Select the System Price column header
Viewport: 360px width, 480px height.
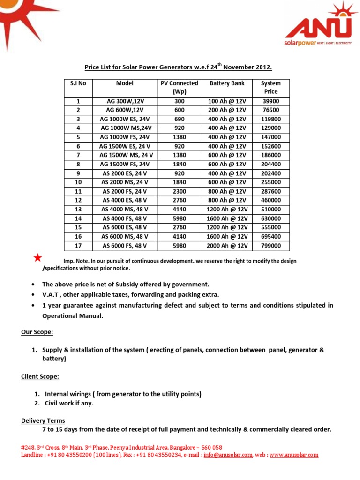click(271, 87)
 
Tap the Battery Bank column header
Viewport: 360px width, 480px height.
click(227, 83)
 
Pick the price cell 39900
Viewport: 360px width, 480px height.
click(271, 101)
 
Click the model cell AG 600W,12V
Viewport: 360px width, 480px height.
click(125, 110)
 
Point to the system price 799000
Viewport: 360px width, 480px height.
click(271, 246)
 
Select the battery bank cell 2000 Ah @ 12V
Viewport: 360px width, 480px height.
click(227, 246)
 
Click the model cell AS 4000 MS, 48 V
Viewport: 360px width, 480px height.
click(125, 210)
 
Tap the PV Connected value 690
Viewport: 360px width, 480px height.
click(180, 120)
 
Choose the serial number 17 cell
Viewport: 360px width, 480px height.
click(78, 246)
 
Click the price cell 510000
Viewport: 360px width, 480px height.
click(271, 210)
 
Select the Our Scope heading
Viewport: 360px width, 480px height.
click(37, 332)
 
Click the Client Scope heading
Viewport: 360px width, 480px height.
click(40, 376)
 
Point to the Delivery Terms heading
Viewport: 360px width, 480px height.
click(43, 420)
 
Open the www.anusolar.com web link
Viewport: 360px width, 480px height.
click(294, 455)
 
